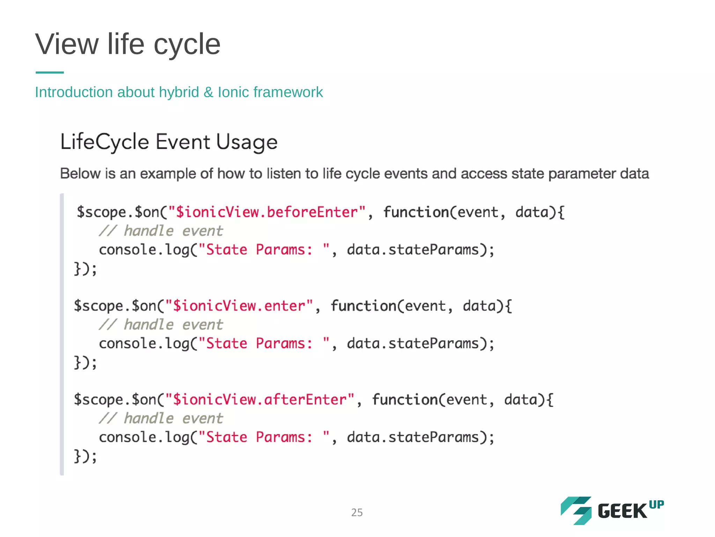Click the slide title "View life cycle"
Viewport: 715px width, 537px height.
click(x=128, y=44)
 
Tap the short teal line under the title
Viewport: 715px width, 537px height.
click(x=50, y=72)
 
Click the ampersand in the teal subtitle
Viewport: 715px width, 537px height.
click(x=208, y=93)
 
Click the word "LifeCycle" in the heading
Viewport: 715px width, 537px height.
click(x=105, y=142)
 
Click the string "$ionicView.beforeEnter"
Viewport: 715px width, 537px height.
click(x=267, y=212)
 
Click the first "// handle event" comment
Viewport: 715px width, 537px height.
click(x=161, y=231)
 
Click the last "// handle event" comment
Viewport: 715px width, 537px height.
click(x=161, y=418)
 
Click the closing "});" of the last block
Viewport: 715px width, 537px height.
click(x=85, y=456)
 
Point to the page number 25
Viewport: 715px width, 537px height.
click(x=357, y=513)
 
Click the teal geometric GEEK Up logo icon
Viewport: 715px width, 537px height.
click(x=576, y=510)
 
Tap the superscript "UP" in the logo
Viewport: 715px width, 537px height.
click(x=656, y=504)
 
